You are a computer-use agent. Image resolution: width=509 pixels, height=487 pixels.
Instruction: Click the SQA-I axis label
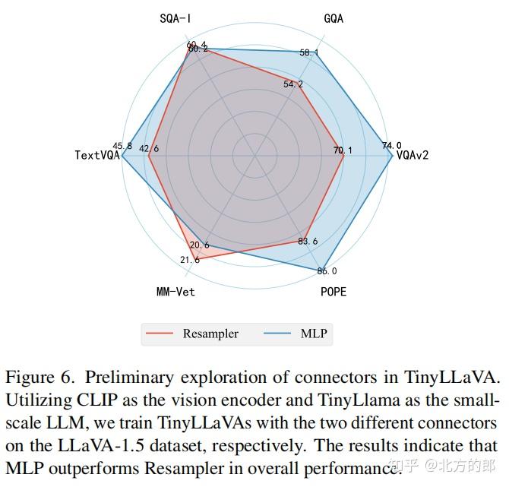tap(175, 18)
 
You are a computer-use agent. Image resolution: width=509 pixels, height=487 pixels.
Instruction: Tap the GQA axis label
tap(333, 18)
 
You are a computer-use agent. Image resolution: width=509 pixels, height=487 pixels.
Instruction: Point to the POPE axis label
tap(332, 292)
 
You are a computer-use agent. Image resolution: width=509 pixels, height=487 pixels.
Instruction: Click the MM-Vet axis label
tap(175, 292)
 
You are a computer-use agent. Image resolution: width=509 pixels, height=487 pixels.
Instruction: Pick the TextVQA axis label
tap(97, 155)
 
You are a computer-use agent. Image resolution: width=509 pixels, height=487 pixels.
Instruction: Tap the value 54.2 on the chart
tap(293, 84)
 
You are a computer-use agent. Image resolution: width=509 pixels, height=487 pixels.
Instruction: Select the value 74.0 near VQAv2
tap(392, 146)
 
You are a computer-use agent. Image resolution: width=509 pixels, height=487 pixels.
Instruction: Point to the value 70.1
tap(343, 150)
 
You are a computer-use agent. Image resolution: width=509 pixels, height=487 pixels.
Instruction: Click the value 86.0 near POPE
tap(327, 271)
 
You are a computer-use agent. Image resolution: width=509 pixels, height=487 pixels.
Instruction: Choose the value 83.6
tap(308, 242)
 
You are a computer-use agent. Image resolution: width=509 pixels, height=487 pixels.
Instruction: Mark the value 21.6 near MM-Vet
tap(190, 260)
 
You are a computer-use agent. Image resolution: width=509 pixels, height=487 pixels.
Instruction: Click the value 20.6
tap(200, 245)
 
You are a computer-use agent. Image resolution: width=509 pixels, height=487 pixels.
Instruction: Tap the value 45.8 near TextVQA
tap(122, 146)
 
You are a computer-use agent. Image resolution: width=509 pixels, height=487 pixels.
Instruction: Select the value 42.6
tap(149, 149)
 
